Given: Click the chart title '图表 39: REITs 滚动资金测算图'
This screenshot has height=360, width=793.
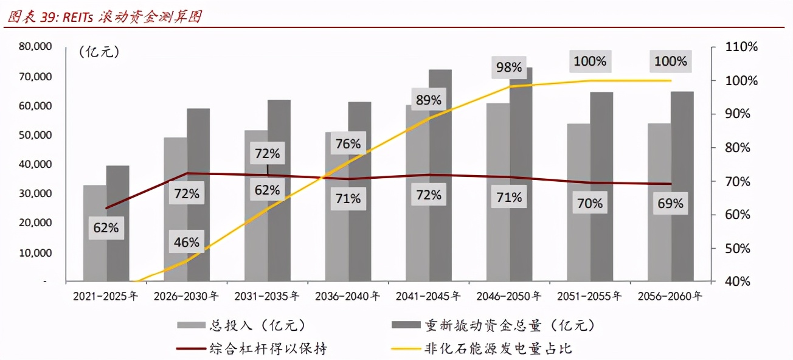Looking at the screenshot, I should (x=103, y=17).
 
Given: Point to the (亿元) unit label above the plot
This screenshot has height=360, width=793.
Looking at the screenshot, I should (x=99, y=52).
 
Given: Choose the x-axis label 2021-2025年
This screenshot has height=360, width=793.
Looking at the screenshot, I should (x=106, y=297).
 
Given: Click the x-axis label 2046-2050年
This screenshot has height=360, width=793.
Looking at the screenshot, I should (x=509, y=297).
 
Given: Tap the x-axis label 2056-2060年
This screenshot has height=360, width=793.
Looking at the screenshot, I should (x=670, y=297).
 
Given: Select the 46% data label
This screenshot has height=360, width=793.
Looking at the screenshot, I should (x=186, y=242).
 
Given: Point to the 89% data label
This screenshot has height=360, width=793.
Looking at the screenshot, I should (x=428, y=100).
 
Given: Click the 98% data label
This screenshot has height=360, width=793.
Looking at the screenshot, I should (x=509, y=67).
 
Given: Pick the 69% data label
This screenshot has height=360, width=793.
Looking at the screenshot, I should (x=670, y=204).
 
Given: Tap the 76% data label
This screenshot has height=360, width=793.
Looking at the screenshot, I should (x=348, y=144).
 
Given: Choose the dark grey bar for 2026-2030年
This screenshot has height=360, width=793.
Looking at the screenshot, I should (x=198, y=195).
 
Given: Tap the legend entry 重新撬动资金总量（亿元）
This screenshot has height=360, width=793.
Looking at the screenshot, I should (x=508, y=326).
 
